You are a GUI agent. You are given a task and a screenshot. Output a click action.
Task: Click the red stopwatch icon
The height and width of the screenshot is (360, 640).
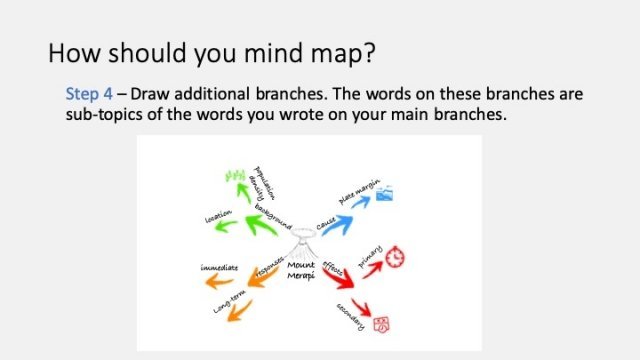(x=397, y=256)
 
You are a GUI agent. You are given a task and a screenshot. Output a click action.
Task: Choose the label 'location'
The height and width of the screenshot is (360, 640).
(x=219, y=215)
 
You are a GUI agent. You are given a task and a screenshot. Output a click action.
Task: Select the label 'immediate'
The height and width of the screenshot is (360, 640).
(x=218, y=269)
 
